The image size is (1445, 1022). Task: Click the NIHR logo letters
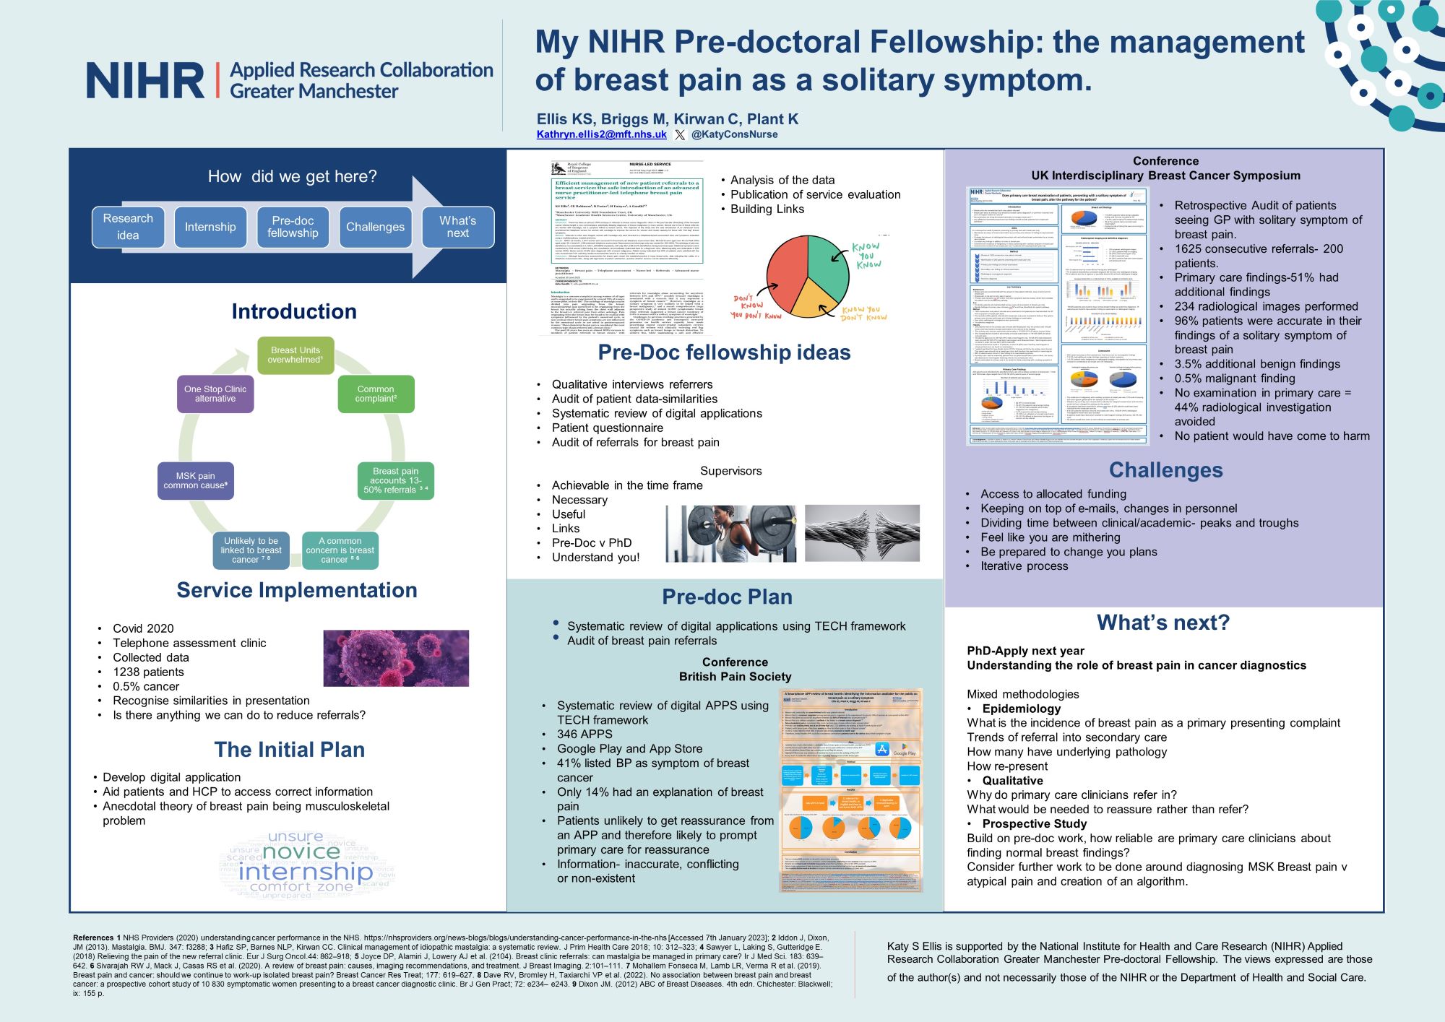[x=145, y=80]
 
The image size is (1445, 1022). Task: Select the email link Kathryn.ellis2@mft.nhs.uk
[x=601, y=134]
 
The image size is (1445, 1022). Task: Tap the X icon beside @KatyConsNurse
[x=680, y=134]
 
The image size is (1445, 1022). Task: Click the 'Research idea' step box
[x=128, y=227]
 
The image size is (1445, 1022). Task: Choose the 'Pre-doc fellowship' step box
[x=293, y=227]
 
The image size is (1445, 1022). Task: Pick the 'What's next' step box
[x=457, y=227]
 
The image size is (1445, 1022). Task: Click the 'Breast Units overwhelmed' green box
[x=296, y=355]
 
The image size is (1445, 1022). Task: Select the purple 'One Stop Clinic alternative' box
[x=215, y=394]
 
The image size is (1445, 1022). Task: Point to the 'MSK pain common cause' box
[x=195, y=480]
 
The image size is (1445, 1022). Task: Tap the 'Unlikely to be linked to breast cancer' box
[x=251, y=550]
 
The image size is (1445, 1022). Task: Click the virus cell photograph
[x=395, y=658]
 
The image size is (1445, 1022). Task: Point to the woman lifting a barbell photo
[x=730, y=534]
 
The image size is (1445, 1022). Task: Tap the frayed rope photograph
[x=862, y=534]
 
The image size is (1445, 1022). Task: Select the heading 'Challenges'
[x=1165, y=470]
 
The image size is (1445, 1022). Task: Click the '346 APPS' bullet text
[x=585, y=734]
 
